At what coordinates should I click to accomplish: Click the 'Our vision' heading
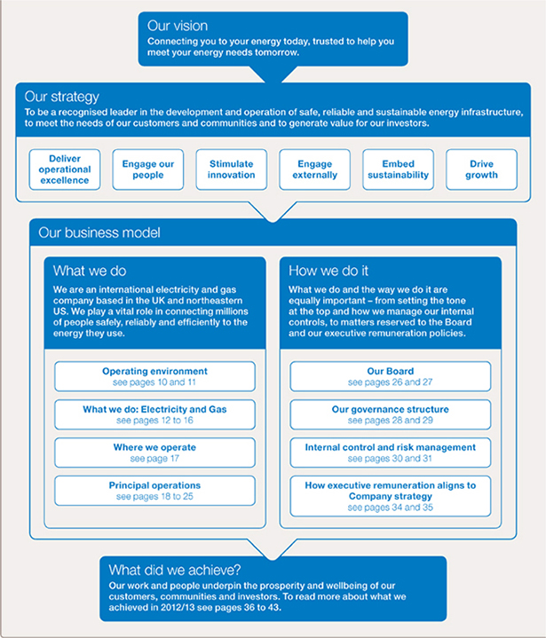[x=178, y=26]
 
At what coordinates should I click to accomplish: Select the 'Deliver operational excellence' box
[x=65, y=169]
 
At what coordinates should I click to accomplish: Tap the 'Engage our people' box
[x=148, y=169]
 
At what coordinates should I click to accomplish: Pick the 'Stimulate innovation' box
[x=231, y=169]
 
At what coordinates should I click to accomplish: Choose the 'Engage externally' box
[x=315, y=169]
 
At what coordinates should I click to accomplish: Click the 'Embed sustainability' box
[x=399, y=169]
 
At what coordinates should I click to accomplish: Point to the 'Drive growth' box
[x=482, y=169]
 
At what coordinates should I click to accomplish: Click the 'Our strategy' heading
[x=62, y=97]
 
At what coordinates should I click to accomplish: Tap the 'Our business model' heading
[x=99, y=232]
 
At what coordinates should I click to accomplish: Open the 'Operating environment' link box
[x=154, y=376]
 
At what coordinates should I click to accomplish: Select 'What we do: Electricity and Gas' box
[x=154, y=414]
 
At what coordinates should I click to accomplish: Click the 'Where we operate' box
[x=154, y=453]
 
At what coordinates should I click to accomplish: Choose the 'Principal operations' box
[x=154, y=491]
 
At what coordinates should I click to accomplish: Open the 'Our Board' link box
[x=391, y=376]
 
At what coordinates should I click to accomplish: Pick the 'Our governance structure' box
[x=391, y=414]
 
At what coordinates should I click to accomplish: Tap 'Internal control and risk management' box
[x=391, y=453]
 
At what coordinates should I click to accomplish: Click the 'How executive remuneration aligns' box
[x=391, y=496]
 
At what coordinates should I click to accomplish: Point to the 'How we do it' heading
[x=328, y=271]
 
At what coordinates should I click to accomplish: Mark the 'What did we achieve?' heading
[x=175, y=570]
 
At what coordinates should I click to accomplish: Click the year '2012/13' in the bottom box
[x=177, y=608]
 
